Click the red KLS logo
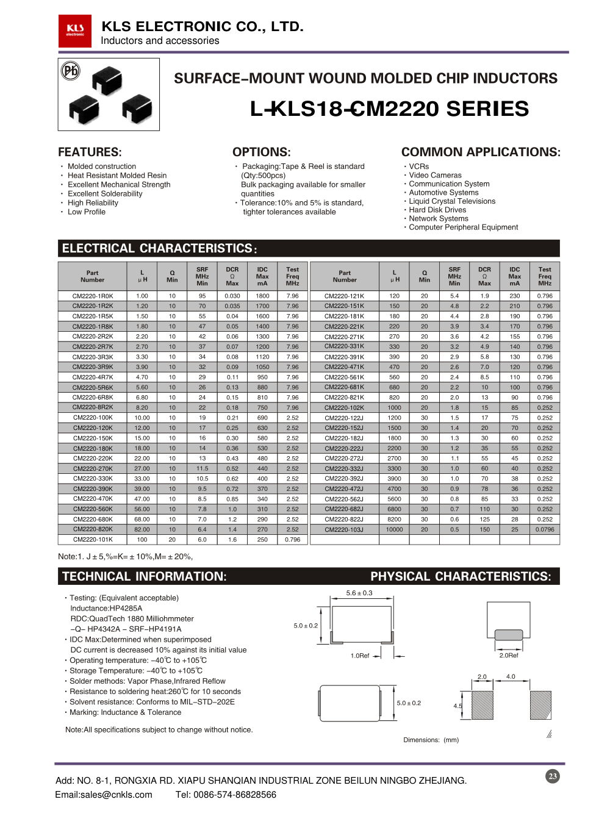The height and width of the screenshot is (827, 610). [74, 30]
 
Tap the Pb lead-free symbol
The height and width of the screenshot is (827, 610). [71, 71]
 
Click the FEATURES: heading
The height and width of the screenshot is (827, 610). [90, 152]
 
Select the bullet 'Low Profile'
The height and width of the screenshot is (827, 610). [87, 212]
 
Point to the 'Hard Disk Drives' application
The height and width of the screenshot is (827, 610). [437, 210]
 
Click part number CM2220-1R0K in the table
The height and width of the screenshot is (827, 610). [93, 296]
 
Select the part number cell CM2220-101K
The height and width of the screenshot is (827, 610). [93, 540]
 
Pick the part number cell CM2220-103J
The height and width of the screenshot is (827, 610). [345, 529]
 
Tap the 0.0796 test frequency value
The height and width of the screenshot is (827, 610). [545, 529]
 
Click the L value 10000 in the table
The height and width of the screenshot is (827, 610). [395, 529]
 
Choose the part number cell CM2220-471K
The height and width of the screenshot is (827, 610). [345, 367]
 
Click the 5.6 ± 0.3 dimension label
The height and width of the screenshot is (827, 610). [359, 593]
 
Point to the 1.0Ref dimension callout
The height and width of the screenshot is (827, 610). [360, 656]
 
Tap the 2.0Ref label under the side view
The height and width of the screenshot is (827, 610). [509, 656]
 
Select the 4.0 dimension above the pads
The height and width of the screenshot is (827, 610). [511, 676]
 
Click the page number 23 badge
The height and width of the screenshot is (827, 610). [553, 776]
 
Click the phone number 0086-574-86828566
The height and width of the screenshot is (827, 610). [235, 795]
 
